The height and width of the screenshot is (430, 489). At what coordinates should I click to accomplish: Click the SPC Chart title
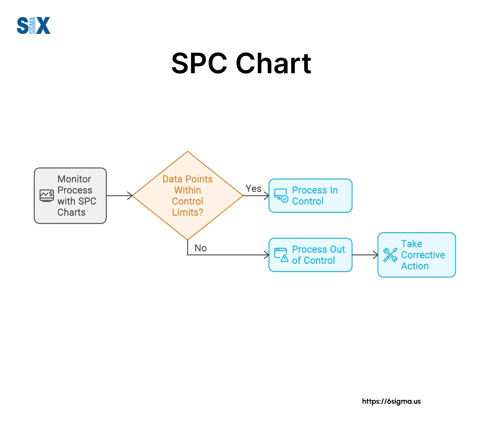click(241, 64)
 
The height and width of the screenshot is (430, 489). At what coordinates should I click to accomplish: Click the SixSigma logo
click(33, 26)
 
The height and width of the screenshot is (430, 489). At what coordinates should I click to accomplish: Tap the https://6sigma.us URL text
click(391, 401)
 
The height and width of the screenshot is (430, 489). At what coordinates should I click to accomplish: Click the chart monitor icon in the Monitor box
click(47, 196)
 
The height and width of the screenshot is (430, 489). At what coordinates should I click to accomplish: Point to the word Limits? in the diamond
click(188, 212)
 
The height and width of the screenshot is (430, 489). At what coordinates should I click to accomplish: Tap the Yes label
click(253, 189)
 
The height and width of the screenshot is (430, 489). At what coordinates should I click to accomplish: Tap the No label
click(200, 248)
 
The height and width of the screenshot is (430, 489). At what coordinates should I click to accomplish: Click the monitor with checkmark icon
click(281, 196)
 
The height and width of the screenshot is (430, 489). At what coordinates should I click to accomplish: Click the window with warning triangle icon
click(281, 255)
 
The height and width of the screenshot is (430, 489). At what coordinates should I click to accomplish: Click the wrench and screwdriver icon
click(390, 255)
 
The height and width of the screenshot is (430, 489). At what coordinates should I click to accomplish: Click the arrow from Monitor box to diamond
click(119, 196)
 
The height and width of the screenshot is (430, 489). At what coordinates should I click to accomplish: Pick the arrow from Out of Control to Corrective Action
click(365, 255)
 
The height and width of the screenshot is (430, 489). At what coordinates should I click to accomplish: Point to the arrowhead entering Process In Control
click(267, 196)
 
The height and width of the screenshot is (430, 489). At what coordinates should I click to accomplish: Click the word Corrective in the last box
click(423, 255)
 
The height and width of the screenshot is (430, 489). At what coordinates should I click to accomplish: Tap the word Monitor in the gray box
click(74, 179)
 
